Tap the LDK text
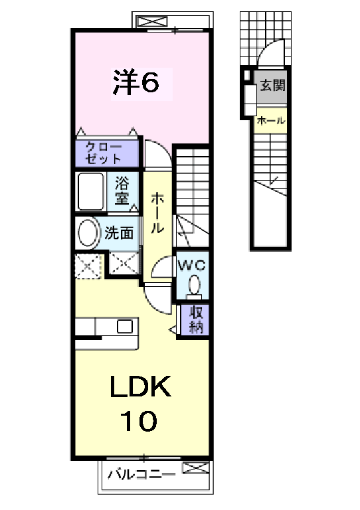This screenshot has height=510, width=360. point(141,386)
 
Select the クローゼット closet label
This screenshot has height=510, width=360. point(103,153)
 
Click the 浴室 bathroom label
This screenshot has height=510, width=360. point(122,191)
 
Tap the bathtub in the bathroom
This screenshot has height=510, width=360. point(90,192)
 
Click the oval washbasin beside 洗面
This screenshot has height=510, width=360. point(88,233)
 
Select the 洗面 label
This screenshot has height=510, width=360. point(119,233)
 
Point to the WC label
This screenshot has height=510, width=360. point(192,265)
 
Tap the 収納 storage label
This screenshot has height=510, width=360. point(197,320)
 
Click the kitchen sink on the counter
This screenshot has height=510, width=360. point(125,326)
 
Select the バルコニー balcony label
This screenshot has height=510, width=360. point(141,475)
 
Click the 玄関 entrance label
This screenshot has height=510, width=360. point(272,85)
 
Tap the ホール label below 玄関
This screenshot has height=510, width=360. point(271,121)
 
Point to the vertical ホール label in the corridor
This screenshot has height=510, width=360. point(157,212)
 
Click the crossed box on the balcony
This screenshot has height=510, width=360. point(196,467)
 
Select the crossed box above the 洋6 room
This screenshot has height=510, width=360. point(152,22)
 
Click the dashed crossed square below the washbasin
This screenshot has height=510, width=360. point(89,266)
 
